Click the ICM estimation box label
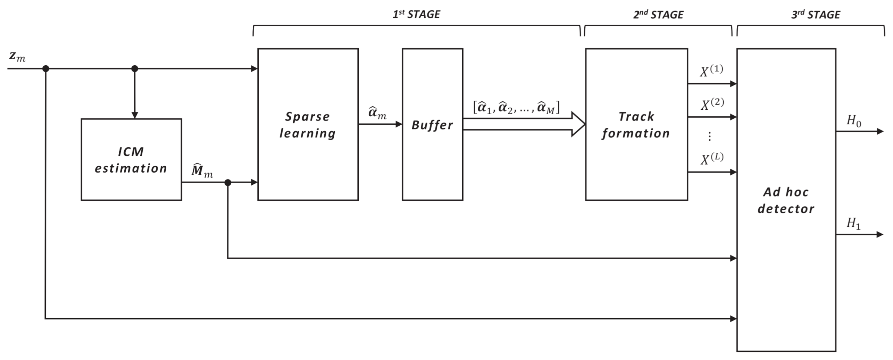pyautogui.click(x=131, y=160)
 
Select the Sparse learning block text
pyautogui.click(x=308, y=125)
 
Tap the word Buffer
pyautogui.click(x=432, y=125)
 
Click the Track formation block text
pyautogui.click(x=636, y=125)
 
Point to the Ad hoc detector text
pyautogui.click(x=786, y=200)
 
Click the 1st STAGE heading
pyautogui.click(x=416, y=14)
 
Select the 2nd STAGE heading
pyautogui.click(x=658, y=15)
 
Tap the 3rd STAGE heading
pyautogui.click(x=816, y=15)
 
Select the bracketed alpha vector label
pyautogui.click(x=516, y=107)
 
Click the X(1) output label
pyautogui.click(x=711, y=71)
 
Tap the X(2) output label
pyautogui.click(x=712, y=104)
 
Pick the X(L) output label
pyautogui.click(x=712, y=159)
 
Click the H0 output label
pyautogui.click(x=854, y=121)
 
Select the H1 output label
pyautogui.click(x=853, y=223)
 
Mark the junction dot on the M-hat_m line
pyautogui.click(x=228, y=183)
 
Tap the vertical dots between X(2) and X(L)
pyautogui.click(x=709, y=136)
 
